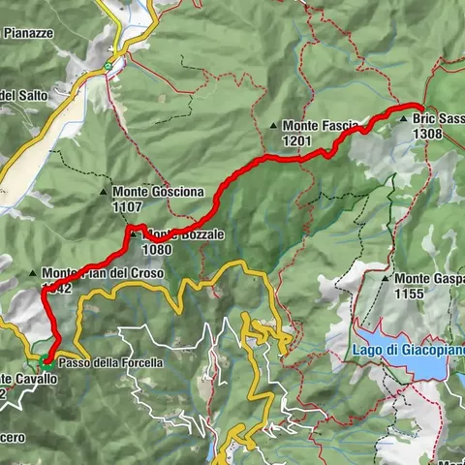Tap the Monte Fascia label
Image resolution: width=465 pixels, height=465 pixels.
click(320, 125)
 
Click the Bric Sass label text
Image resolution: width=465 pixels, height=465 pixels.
click(438, 119)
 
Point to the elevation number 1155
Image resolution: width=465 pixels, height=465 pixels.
click(415, 294)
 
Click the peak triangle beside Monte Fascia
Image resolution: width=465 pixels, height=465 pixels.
click(275, 126)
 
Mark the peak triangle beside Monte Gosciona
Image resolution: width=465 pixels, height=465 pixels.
click(105, 192)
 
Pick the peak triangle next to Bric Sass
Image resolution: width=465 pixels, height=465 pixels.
click(405, 119)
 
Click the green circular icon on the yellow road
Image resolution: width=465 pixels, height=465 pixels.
click(108, 66)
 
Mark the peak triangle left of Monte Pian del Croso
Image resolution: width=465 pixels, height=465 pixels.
click(34, 273)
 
